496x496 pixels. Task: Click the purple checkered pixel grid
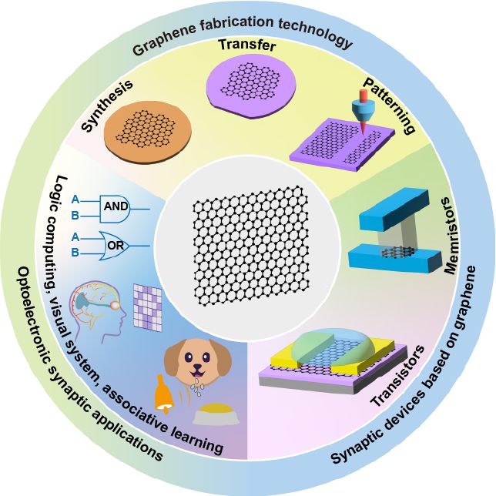(149, 307)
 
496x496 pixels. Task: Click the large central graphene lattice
(248, 246)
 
